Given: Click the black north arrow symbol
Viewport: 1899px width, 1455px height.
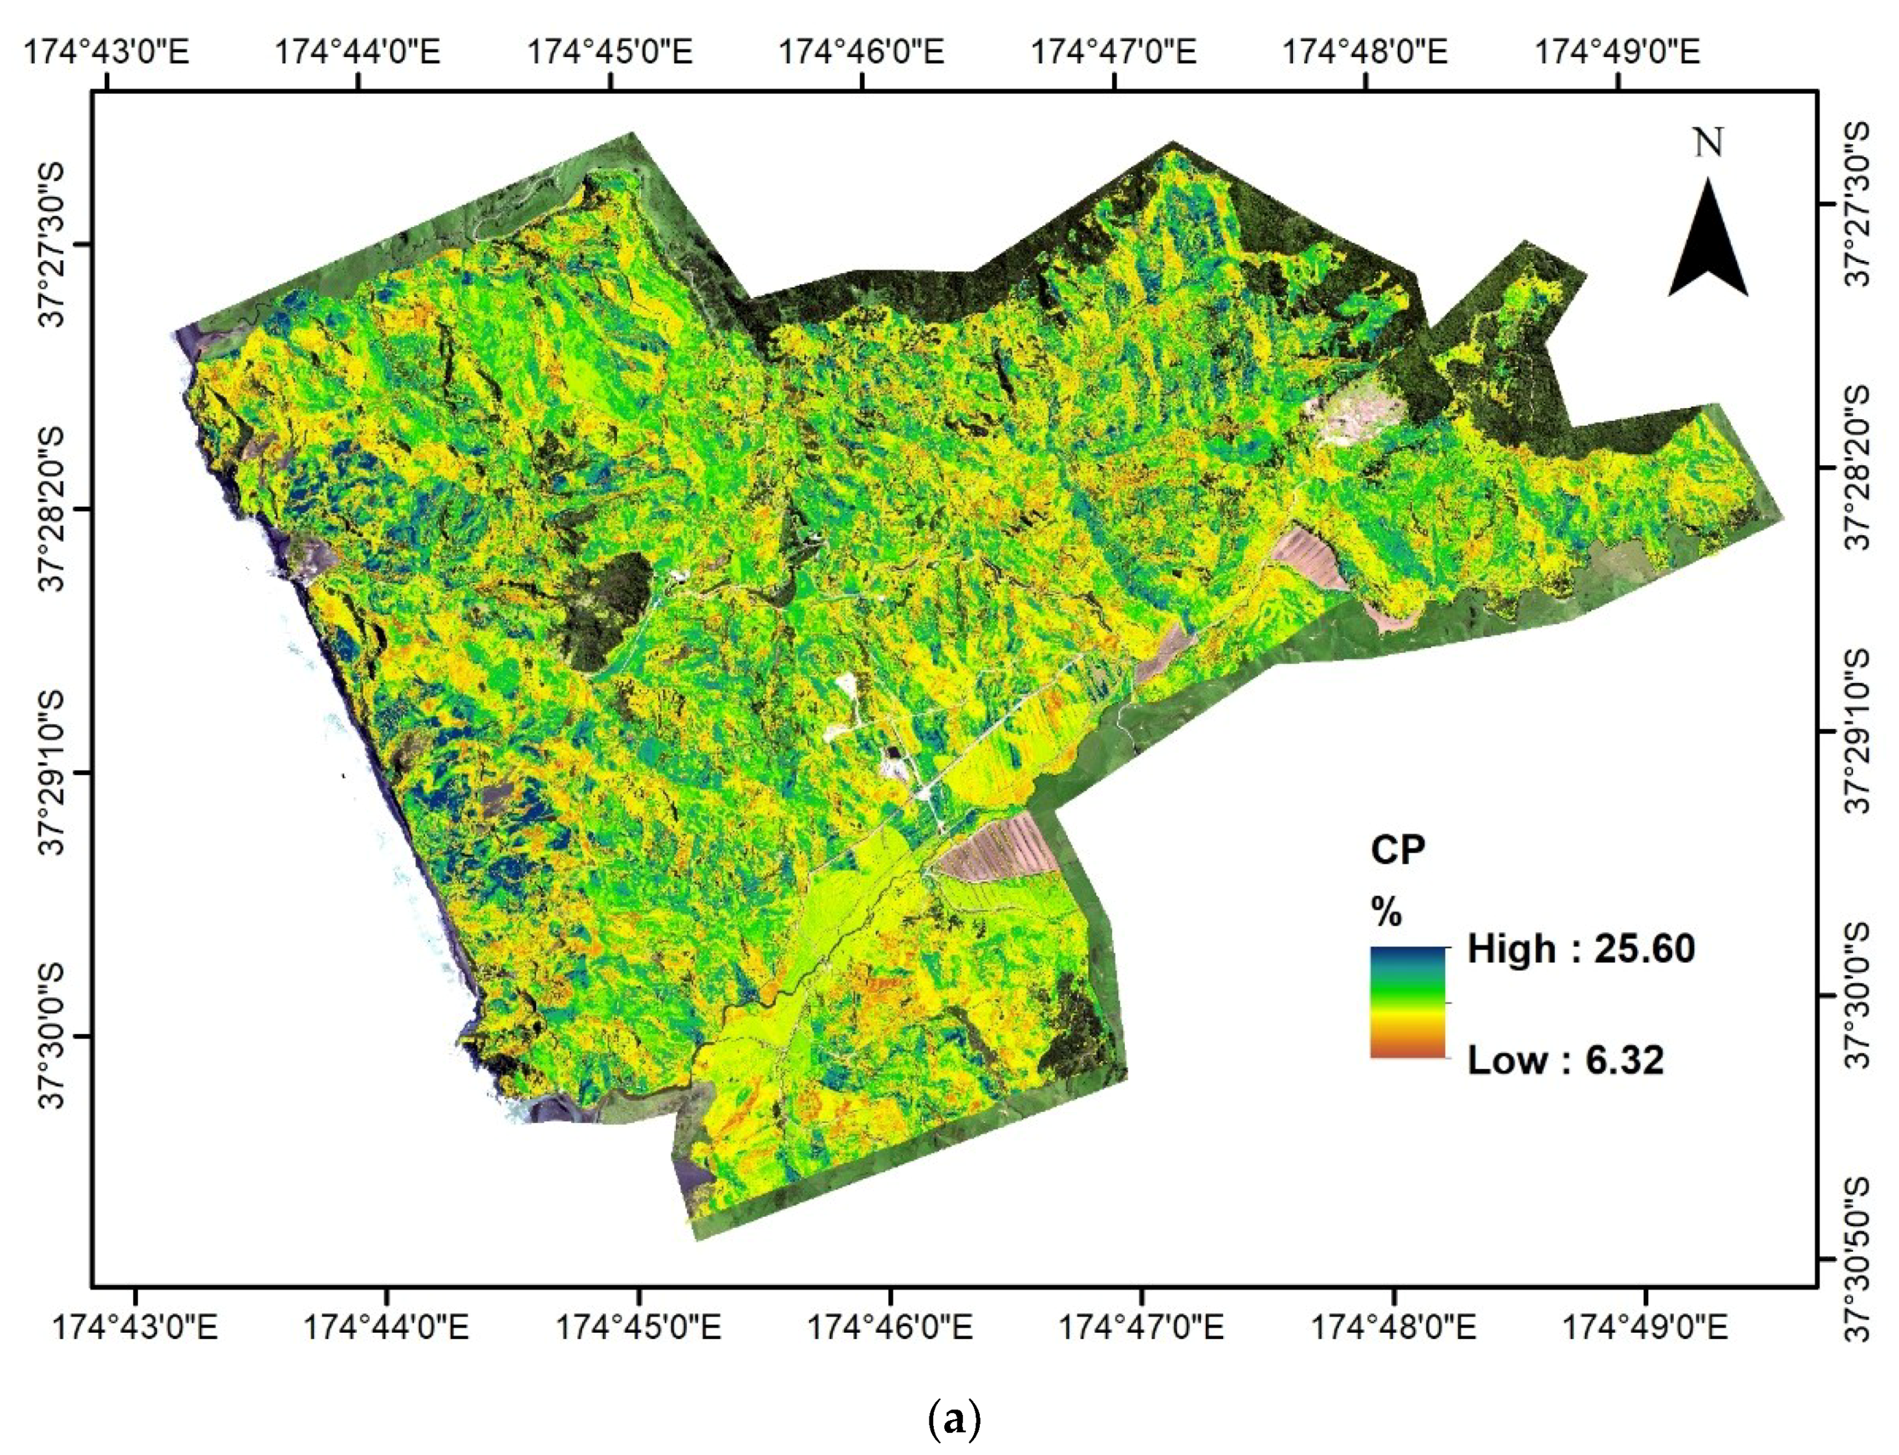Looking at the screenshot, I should point(1708,243).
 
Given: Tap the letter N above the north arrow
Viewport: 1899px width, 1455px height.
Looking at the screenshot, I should point(1708,143).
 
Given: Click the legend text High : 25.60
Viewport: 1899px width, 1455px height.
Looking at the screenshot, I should point(1580,949).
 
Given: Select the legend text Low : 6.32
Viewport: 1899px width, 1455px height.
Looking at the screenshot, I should point(1565,1060).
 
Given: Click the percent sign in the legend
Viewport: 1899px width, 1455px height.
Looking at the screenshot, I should point(1386,912).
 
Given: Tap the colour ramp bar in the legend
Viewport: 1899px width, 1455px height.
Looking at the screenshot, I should point(1407,1002).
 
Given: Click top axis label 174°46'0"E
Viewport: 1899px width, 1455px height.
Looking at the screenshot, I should point(862,51).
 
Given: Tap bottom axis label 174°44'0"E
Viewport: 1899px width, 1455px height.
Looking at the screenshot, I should point(386,1328).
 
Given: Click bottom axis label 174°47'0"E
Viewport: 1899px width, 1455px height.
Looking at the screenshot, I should point(1142,1328).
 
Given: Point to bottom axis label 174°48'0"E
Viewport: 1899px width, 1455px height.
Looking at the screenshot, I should point(1394,1328).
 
